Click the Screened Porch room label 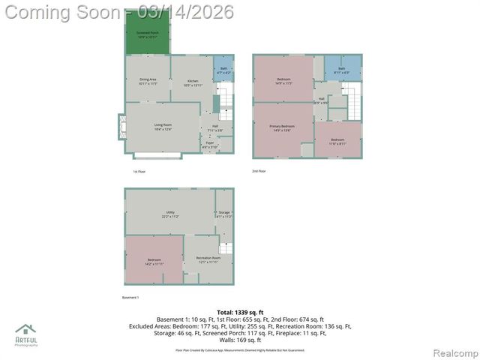(147, 35)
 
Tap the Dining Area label (147, 81)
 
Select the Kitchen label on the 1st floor (193, 82)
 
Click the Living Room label (163, 127)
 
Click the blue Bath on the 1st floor (223, 70)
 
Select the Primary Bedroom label (282, 128)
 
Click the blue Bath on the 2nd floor (341, 70)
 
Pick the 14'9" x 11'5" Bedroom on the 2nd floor (283, 80)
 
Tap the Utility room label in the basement (169, 214)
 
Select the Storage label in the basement (224, 214)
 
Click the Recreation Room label (208, 259)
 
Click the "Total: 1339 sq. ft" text (239, 311)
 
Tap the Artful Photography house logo (25, 330)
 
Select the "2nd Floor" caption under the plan (259, 171)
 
